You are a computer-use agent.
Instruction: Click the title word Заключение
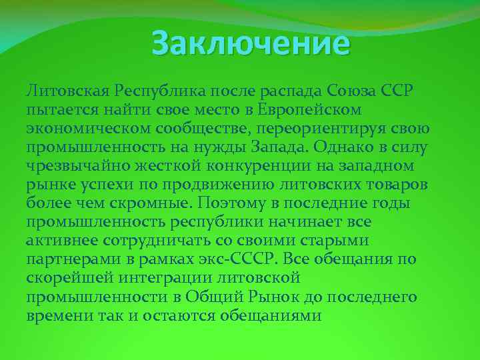(250, 44)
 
